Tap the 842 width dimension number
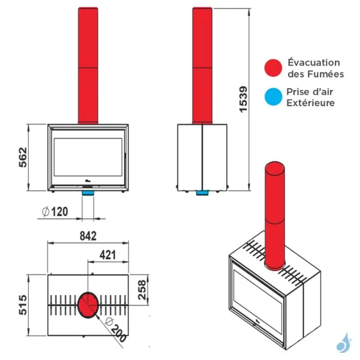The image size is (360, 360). tap(88, 236)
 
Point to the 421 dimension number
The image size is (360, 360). tap(107, 254)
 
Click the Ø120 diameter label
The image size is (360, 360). tap(55, 212)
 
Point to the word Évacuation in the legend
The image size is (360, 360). tap(314, 62)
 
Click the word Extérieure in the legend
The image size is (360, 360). tap(311, 103)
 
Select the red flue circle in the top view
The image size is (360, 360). tap(88, 304)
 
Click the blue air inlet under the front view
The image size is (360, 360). tap(88, 194)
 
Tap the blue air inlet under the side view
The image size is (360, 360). tap(203, 193)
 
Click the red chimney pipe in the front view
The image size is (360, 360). tap(88, 66)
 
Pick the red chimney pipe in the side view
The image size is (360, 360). tap(203, 66)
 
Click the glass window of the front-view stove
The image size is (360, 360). tap(88, 157)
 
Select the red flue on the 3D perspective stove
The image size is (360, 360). tap(275, 216)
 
